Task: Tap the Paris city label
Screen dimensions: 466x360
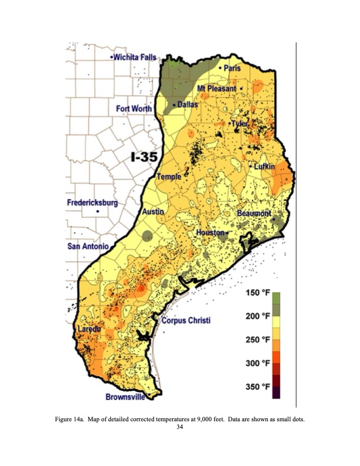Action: [232, 69]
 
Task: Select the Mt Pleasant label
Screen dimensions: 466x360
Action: [216, 88]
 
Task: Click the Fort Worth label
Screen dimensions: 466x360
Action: [134, 109]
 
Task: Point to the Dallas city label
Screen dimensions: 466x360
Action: [188, 104]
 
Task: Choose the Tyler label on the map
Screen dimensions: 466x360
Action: [239, 124]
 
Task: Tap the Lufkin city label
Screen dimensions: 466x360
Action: [264, 167]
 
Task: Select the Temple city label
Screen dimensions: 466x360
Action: [169, 177]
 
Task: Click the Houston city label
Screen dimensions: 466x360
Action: [210, 233]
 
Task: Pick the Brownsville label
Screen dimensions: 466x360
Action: [125, 397]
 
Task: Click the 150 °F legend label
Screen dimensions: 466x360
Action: [258, 294]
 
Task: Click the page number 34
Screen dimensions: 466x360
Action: [180, 427]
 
